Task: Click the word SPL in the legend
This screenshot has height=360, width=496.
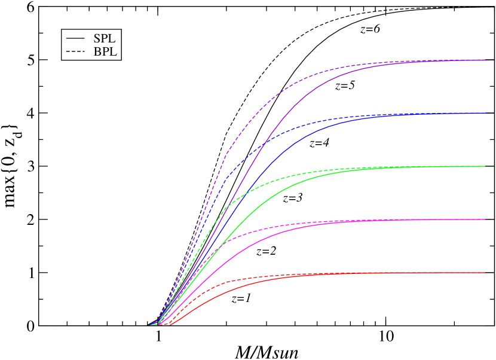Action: pos(104,38)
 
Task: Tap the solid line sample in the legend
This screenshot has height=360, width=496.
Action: pos(75,38)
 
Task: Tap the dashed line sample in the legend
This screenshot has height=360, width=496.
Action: pos(75,52)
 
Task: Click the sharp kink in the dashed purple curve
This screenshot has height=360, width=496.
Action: pos(225,156)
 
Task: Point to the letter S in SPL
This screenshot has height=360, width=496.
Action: pos(96,38)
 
